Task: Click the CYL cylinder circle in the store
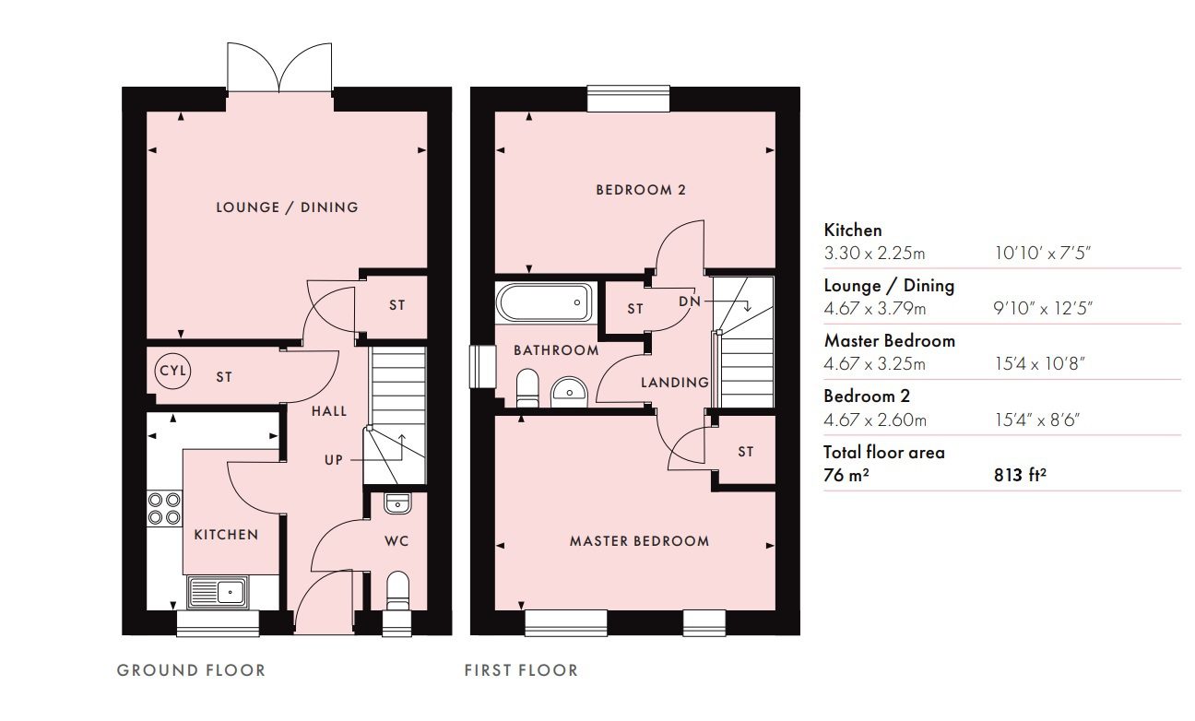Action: pyautogui.click(x=172, y=370)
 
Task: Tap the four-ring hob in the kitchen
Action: pyautogui.click(x=164, y=509)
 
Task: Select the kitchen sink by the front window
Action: pyautogui.click(x=218, y=592)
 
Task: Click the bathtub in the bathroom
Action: pyautogui.click(x=544, y=302)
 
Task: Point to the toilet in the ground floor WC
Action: pyautogui.click(x=397, y=591)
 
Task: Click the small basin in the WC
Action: pyautogui.click(x=397, y=503)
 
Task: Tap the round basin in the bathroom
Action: pyautogui.click(x=569, y=392)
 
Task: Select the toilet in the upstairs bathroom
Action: pyautogui.click(x=527, y=388)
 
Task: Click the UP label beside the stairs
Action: pyautogui.click(x=334, y=460)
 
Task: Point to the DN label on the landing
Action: pyautogui.click(x=690, y=301)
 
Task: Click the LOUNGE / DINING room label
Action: pyautogui.click(x=287, y=207)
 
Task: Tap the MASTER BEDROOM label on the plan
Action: pyautogui.click(x=640, y=540)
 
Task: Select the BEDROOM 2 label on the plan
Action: pyautogui.click(x=641, y=189)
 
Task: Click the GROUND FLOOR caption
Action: pyautogui.click(x=191, y=669)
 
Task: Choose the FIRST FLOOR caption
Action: pyautogui.click(x=521, y=669)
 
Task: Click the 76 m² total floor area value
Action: pyautogui.click(x=846, y=474)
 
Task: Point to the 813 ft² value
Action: pyautogui.click(x=1020, y=474)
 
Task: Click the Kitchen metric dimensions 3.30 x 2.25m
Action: pyautogui.click(x=874, y=253)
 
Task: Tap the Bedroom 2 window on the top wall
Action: pyautogui.click(x=629, y=99)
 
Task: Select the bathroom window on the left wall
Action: pyautogui.click(x=482, y=366)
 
